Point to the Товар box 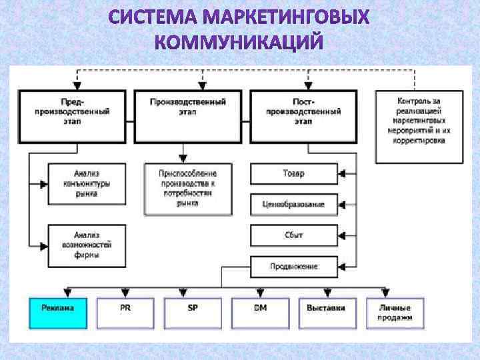point(293,174)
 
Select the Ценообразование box point(293,204)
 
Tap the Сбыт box point(293,235)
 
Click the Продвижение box point(293,267)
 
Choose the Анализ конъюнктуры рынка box point(87,183)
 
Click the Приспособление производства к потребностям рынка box point(189,189)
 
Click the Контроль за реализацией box point(419,127)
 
